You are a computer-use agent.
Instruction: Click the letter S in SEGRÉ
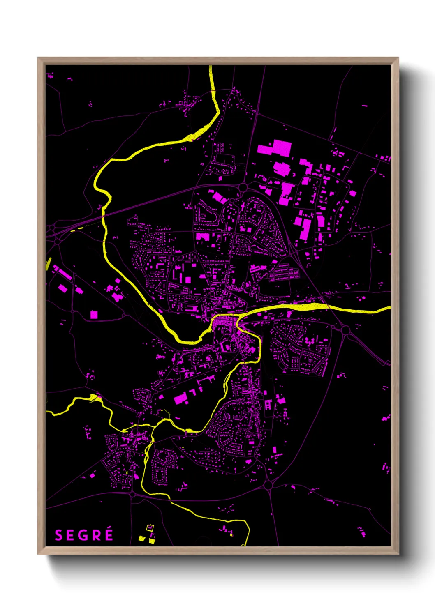pos(58,535)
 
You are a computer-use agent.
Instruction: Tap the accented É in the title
pos(109,534)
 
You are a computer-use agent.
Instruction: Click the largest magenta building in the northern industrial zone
pos(275,148)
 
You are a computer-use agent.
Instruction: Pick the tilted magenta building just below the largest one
pos(282,168)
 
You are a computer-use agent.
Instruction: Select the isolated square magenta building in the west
pos(94,315)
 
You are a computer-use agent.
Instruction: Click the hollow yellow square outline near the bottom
pos(150,527)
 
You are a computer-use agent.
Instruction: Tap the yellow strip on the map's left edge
pos(48,263)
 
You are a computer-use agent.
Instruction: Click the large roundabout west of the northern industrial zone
pos(243,187)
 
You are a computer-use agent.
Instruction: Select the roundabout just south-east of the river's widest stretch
pos(345,329)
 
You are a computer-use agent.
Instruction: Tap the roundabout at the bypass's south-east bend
pos(269,485)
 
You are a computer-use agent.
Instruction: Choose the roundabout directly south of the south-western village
pos(132,495)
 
